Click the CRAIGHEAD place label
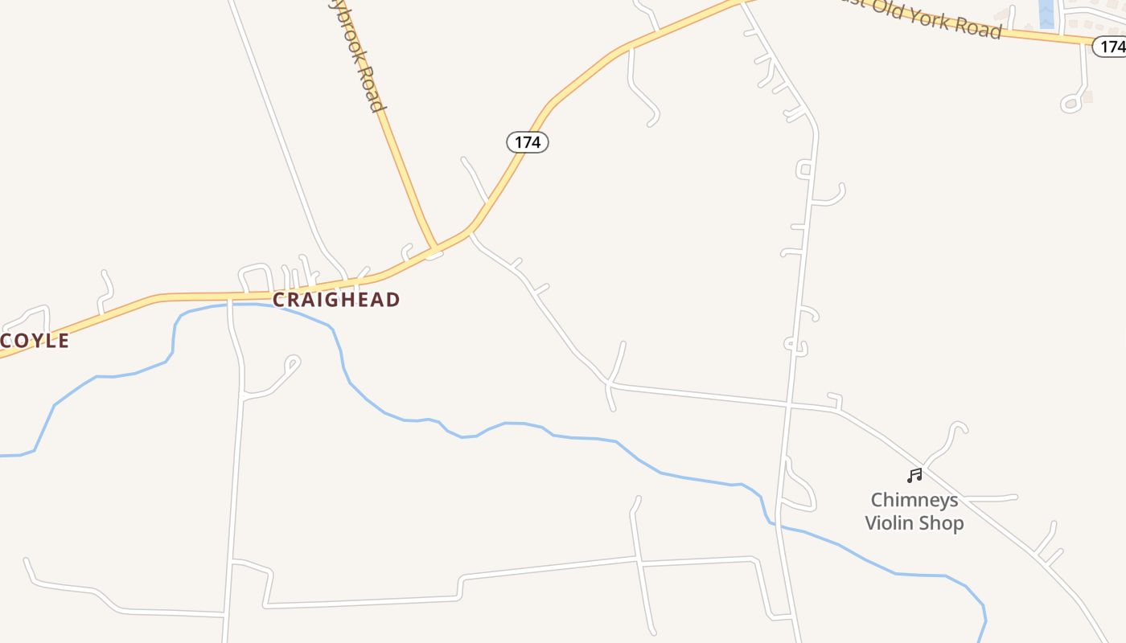[335, 300]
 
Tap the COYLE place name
[35, 341]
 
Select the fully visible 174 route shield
[527, 142]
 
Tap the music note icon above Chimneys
[914, 476]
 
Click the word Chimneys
[914, 500]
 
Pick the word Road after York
[977, 27]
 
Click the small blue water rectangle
[1046, 14]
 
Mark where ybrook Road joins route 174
[434, 250]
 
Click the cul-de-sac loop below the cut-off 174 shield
[1071, 103]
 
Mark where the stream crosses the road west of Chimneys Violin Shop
[775, 524]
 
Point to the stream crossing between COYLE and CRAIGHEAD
[230, 305]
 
